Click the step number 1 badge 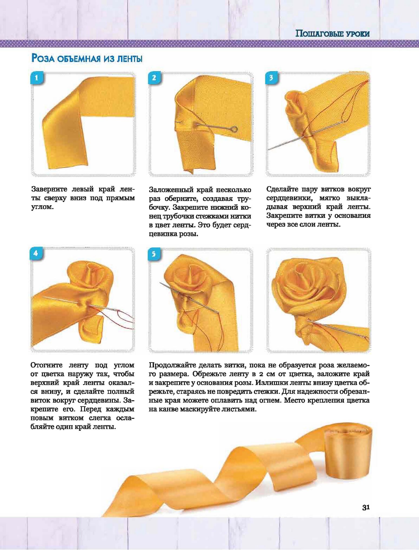36,78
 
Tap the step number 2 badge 154,78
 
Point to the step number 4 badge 36,254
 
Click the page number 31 366,508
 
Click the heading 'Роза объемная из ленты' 87,59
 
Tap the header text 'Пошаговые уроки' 332,34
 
